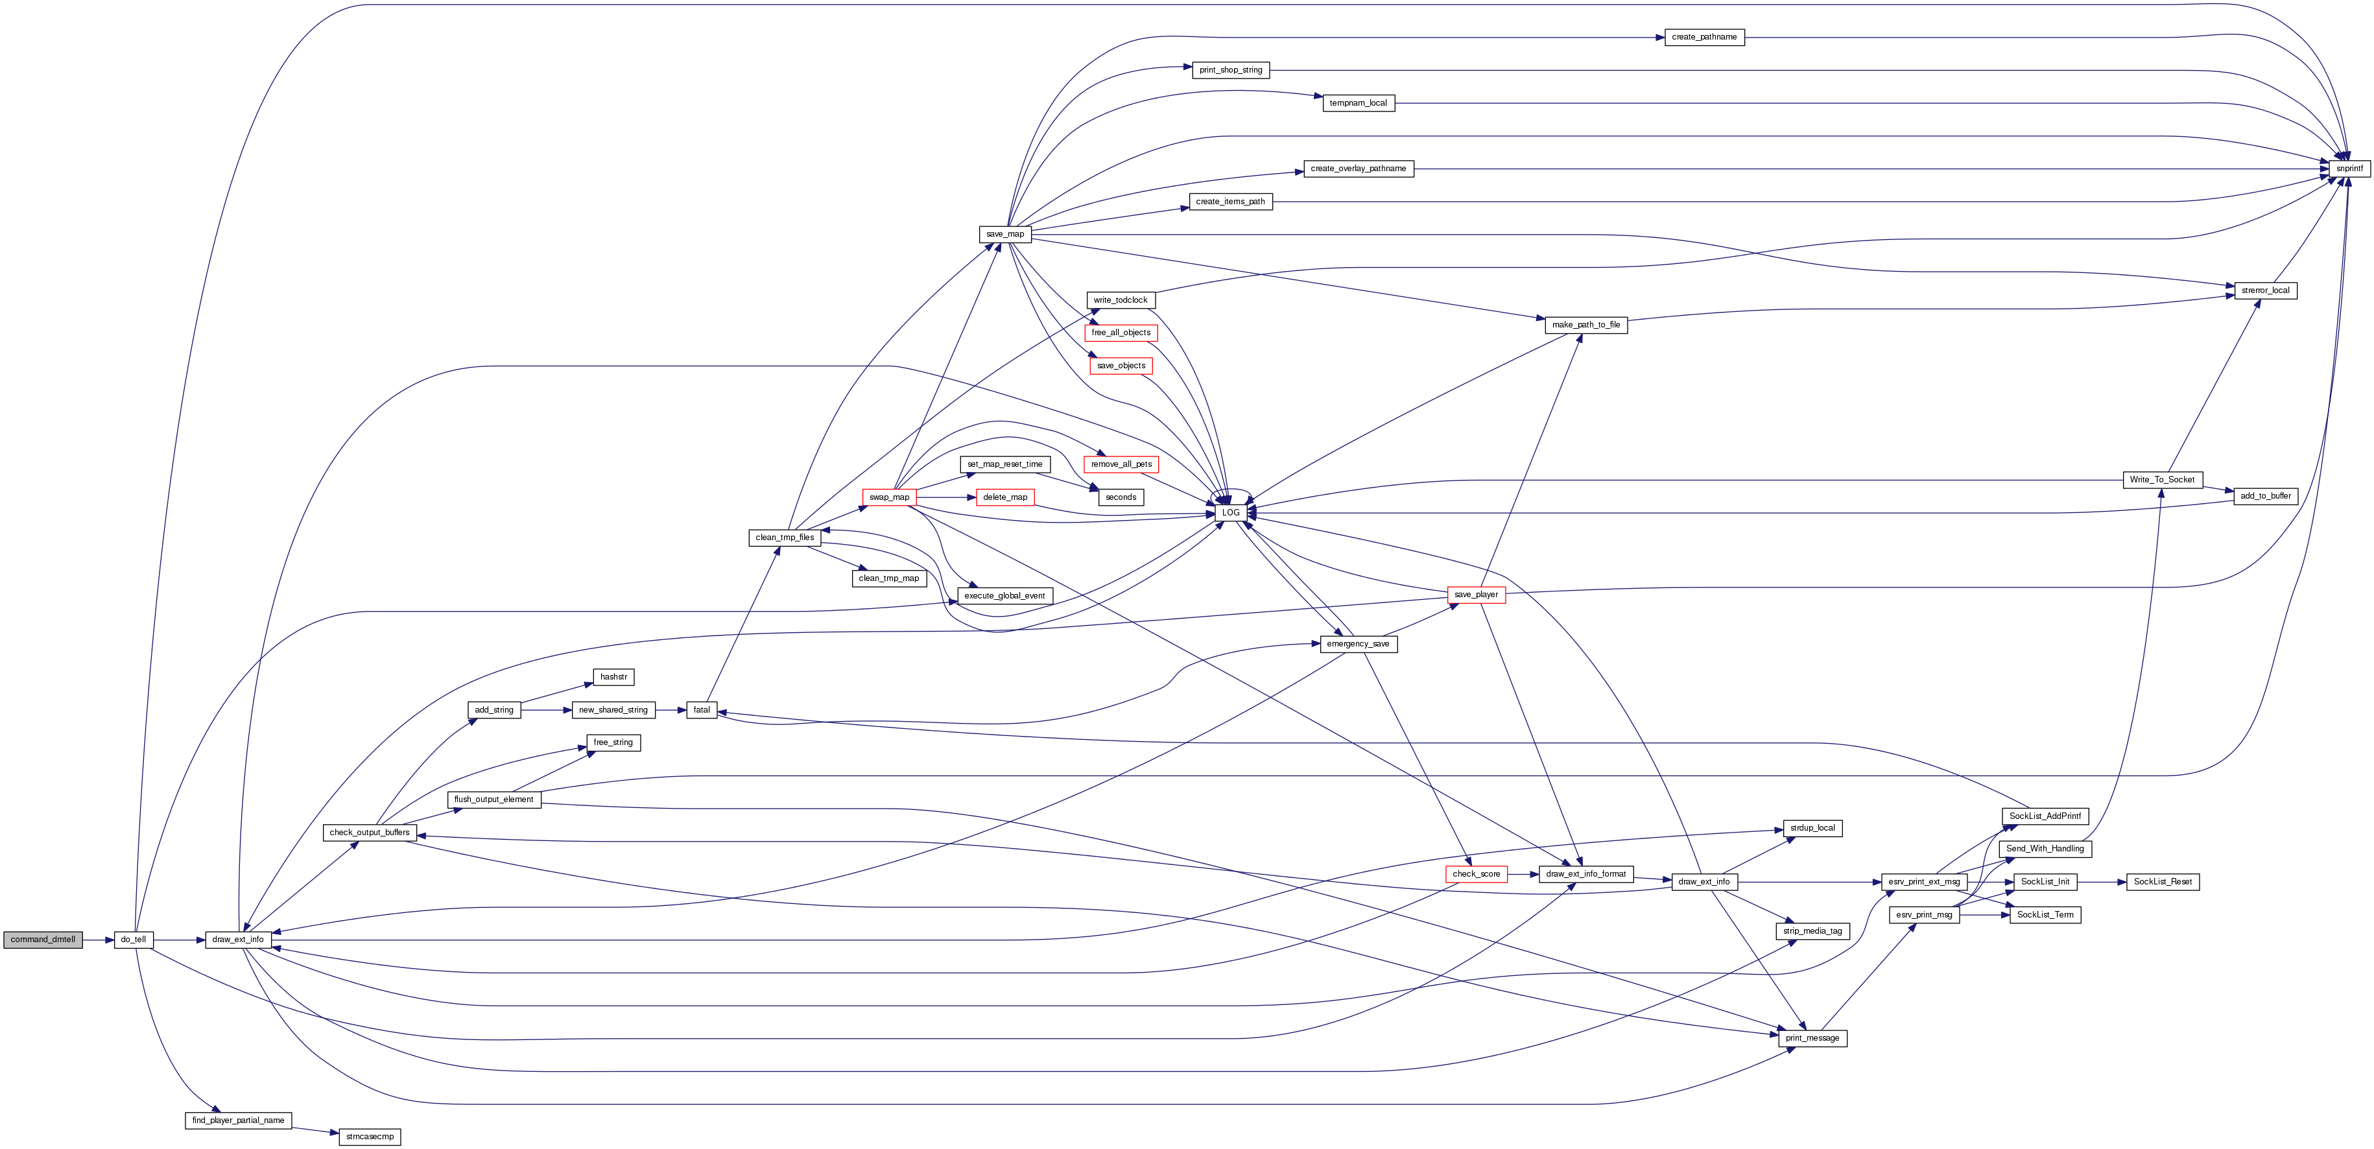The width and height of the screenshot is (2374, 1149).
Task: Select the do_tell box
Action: tap(134, 940)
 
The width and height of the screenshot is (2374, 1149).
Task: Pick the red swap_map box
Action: tap(889, 497)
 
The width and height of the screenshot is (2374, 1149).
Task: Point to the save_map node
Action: tap(1006, 234)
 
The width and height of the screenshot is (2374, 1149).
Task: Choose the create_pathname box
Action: tap(1704, 37)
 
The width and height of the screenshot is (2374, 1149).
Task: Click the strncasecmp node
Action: tap(370, 1137)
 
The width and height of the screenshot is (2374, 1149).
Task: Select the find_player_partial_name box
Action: tap(239, 1120)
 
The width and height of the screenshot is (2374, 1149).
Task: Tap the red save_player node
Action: tap(1477, 595)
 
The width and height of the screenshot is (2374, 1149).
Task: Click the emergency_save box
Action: tap(1359, 644)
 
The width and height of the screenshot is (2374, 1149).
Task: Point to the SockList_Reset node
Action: tap(2163, 882)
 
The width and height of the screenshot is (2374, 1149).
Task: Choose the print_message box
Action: tap(1812, 1038)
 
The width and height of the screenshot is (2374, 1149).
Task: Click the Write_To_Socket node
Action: tap(2162, 479)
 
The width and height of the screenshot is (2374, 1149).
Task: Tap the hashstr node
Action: tap(614, 677)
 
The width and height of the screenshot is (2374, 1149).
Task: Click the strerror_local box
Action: tap(2265, 290)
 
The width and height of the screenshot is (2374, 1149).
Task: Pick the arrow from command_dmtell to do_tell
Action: tap(99, 940)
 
